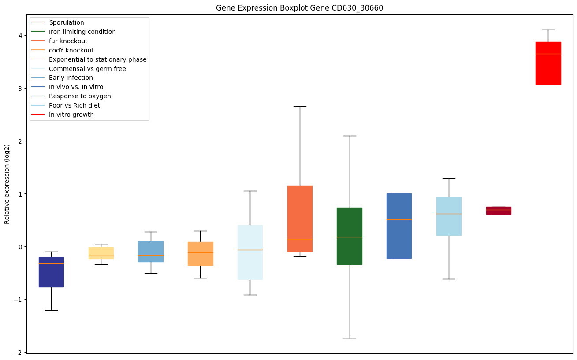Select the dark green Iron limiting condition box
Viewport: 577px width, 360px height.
click(x=350, y=236)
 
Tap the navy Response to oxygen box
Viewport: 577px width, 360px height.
click(x=51, y=272)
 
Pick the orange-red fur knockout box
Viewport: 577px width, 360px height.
click(x=300, y=219)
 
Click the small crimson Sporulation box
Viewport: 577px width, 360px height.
click(x=499, y=211)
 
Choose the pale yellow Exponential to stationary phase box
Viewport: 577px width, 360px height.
click(x=101, y=253)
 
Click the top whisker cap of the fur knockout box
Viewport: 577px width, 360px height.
click(x=300, y=106)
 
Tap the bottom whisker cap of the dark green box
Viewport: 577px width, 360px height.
click(x=350, y=338)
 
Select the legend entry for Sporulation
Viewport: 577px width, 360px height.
click(x=67, y=22)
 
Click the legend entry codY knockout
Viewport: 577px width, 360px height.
click(x=71, y=50)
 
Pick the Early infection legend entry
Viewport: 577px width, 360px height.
click(x=71, y=78)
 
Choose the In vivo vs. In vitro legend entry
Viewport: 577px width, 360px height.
click(x=76, y=87)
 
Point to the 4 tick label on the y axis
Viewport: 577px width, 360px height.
click(x=20, y=35)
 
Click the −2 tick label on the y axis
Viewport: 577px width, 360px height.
click(x=19, y=352)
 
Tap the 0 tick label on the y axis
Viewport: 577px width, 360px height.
click(x=20, y=247)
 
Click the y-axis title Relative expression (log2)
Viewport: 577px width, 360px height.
click(x=7, y=184)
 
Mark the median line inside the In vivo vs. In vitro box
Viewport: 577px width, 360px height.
click(x=399, y=219)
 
